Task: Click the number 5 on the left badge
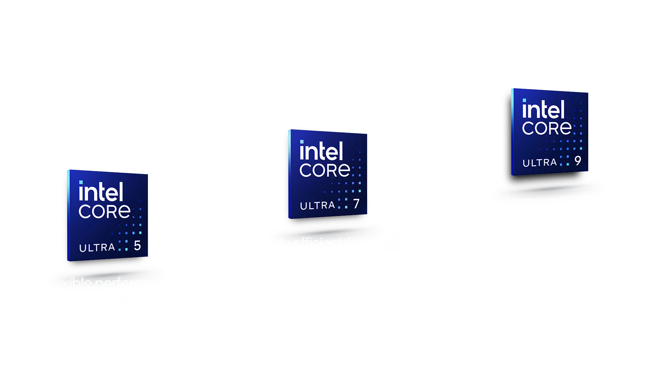pyautogui.click(x=137, y=245)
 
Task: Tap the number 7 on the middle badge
pyautogui.click(x=356, y=204)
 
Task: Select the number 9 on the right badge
pyautogui.click(x=578, y=161)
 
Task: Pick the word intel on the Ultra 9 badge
pyautogui.click(x=543, y=109)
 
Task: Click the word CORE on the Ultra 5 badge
pyautogui.click(x=104, y=211)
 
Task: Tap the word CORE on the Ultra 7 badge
pyautogui.click(x=325, y=170)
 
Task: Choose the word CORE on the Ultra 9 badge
pyautogui.click(x=546, y=128)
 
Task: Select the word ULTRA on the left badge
pyautogui.click(x=97, y=247)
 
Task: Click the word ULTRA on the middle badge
pyautogui.click(x=317, y=205)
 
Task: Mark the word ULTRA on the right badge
pyautogui.click(x=540, y=163)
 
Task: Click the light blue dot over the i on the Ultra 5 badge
pyautogui.click(x=81, y=182)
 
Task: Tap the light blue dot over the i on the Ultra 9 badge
pyautogui.click(x=524, y=100)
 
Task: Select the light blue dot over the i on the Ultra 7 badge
pyautogui.click(x=301, y=142)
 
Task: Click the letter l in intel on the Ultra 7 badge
pyautogui.click(x=340, y=151)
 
